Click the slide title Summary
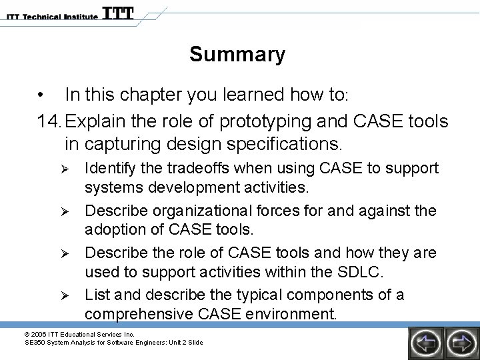237,54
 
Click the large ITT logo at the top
117,13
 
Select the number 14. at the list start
51,122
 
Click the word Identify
109,168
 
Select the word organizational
191,211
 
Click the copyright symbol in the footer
27,334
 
